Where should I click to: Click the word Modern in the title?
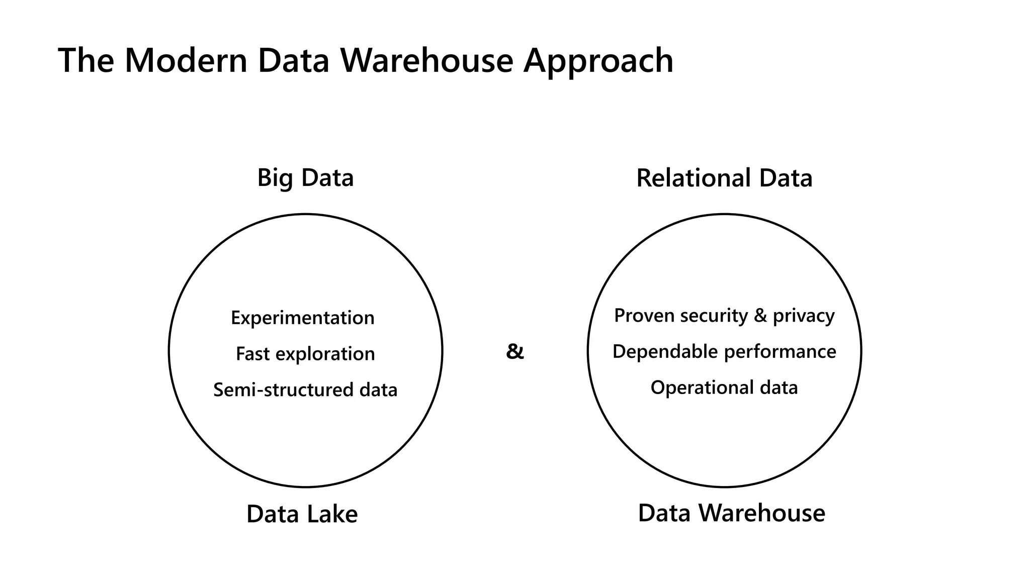click(186, 61)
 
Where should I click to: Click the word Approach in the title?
click(598, 61)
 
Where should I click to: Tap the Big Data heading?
click(305, 178)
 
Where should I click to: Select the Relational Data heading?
click(724, 178)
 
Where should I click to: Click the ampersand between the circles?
click(514, 351)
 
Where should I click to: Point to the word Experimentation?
click(302, 318)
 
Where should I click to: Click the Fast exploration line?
click(305, 354)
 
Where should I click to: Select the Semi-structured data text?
click(305, 390)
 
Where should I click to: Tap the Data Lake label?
click(302, 514)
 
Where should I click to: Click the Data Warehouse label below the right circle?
click(731, 513)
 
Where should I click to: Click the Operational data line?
click(724, 388)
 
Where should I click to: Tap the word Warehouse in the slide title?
click(426, 61)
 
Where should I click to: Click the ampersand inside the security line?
click(760, 316)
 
